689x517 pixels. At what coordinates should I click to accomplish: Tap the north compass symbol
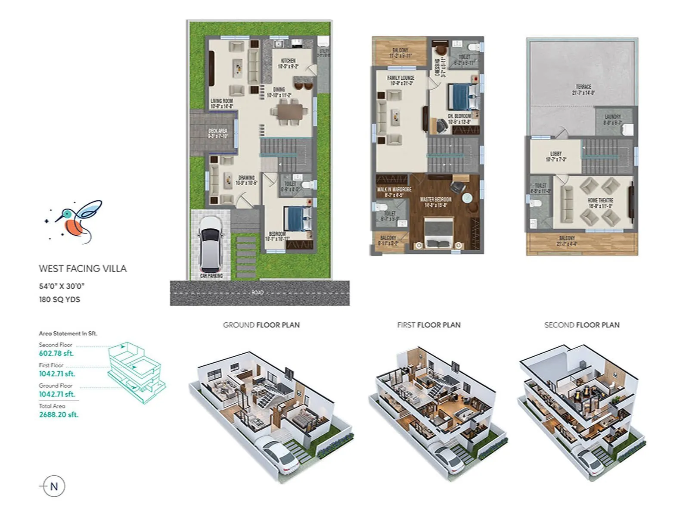tap(54, 486)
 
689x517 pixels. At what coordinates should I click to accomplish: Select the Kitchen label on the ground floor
tap(288, 63)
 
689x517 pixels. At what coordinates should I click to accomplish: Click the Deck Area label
tap(217, 133)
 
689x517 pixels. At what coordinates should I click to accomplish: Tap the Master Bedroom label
tap(436, 202)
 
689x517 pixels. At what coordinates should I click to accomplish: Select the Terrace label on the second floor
tap(583, 89)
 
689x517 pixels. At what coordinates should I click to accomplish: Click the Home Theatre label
tap(600, 203)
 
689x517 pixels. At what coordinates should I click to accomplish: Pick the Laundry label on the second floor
tap(612, 119)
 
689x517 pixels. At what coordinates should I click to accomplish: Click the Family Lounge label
tap(400, 80)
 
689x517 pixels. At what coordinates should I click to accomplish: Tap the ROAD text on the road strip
tap(258, 293)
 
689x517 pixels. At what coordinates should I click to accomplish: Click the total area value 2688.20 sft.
tap(59, 414)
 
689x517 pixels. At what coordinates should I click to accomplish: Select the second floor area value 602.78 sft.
tap(56, 353)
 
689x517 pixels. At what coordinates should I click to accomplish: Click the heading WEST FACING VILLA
tap(83, 269)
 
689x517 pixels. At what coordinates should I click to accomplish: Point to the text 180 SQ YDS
tap(59, 299)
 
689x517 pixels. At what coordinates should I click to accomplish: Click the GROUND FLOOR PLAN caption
tap(261, 325)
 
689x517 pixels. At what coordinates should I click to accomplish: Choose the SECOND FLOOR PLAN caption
tap(582, 325)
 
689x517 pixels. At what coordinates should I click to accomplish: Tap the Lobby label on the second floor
tap(556, 156)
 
